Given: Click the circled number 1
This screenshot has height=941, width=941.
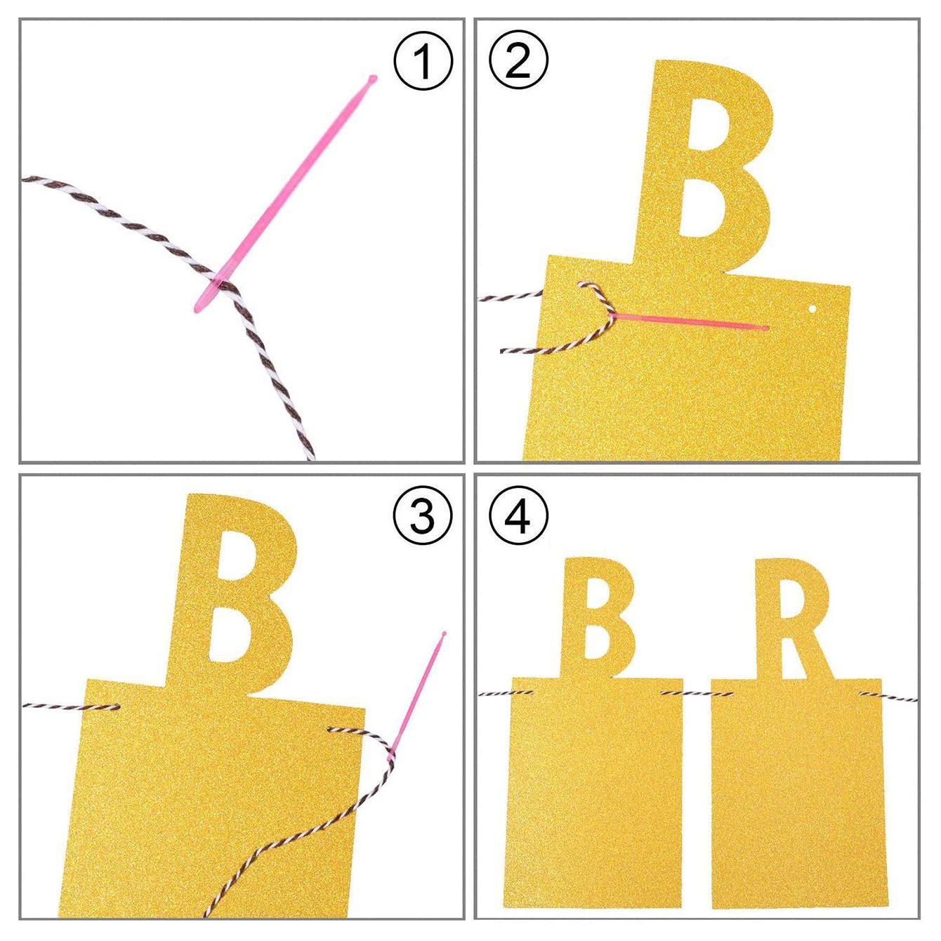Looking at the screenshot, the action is [x=423, y=62].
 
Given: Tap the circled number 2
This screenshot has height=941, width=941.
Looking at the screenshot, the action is [x=518, y=62].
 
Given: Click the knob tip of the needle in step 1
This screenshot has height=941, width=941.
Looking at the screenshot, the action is [x=373, y=78].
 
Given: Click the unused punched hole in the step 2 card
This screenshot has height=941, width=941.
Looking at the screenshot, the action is [x=812, y=309].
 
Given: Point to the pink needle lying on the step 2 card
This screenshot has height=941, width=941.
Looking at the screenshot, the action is [x=688, y=322].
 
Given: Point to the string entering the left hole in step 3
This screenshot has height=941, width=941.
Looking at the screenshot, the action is [x=71, y=706].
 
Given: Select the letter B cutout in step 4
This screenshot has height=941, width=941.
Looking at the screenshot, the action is [x=598, y=617].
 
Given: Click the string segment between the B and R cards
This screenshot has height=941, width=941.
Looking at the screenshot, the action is [x=697, y=692].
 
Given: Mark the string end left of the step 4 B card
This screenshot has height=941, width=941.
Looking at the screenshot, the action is [x=506, y=692].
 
